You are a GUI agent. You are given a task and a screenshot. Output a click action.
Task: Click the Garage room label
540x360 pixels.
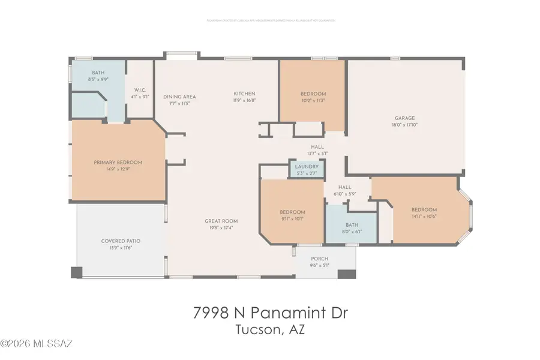[404, 118]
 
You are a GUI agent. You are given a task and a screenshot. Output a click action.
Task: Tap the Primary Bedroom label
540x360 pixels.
[118, 163]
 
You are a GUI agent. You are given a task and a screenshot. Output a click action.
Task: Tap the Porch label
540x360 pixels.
[319, 259]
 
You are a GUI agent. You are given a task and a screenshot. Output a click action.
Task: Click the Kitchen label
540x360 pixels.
[245, 94]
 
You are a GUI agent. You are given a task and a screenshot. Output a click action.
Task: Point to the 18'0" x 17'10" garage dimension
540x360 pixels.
[404, 125]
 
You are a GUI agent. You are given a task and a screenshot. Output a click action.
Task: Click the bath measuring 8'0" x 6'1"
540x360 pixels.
[352, 227]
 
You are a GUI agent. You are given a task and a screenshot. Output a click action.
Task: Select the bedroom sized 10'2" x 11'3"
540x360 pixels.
[313, 97]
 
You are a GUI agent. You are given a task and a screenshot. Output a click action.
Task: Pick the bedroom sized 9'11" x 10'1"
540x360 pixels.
[292, 215]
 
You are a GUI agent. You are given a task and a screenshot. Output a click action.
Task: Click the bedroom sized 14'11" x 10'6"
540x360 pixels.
[424, 213]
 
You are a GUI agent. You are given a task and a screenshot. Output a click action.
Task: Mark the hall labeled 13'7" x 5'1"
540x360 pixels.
[317, 149]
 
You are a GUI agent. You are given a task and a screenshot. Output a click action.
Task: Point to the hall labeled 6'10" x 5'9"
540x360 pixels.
[344, 190]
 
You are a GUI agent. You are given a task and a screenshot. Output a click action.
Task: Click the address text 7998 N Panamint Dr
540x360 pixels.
[270, 313]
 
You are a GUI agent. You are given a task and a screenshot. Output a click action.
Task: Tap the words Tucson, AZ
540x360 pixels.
[270, 330]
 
